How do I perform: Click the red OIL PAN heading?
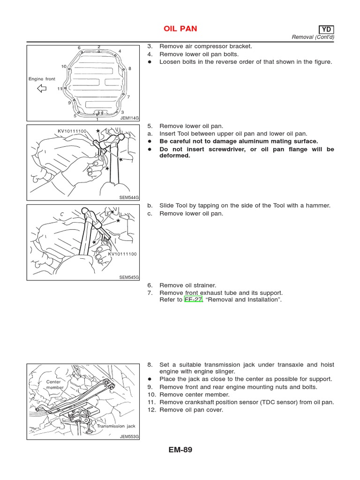180,29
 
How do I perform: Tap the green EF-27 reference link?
193,300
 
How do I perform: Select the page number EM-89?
180,450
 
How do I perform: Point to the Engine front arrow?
42,88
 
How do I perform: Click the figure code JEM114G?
129,118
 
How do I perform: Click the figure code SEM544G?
129,198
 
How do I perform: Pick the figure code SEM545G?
129,277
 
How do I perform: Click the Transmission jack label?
116,426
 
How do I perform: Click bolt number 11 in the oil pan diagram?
60,88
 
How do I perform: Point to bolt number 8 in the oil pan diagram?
130,68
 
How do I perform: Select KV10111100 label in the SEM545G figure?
122,254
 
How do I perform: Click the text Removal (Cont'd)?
313,37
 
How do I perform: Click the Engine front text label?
42,79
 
